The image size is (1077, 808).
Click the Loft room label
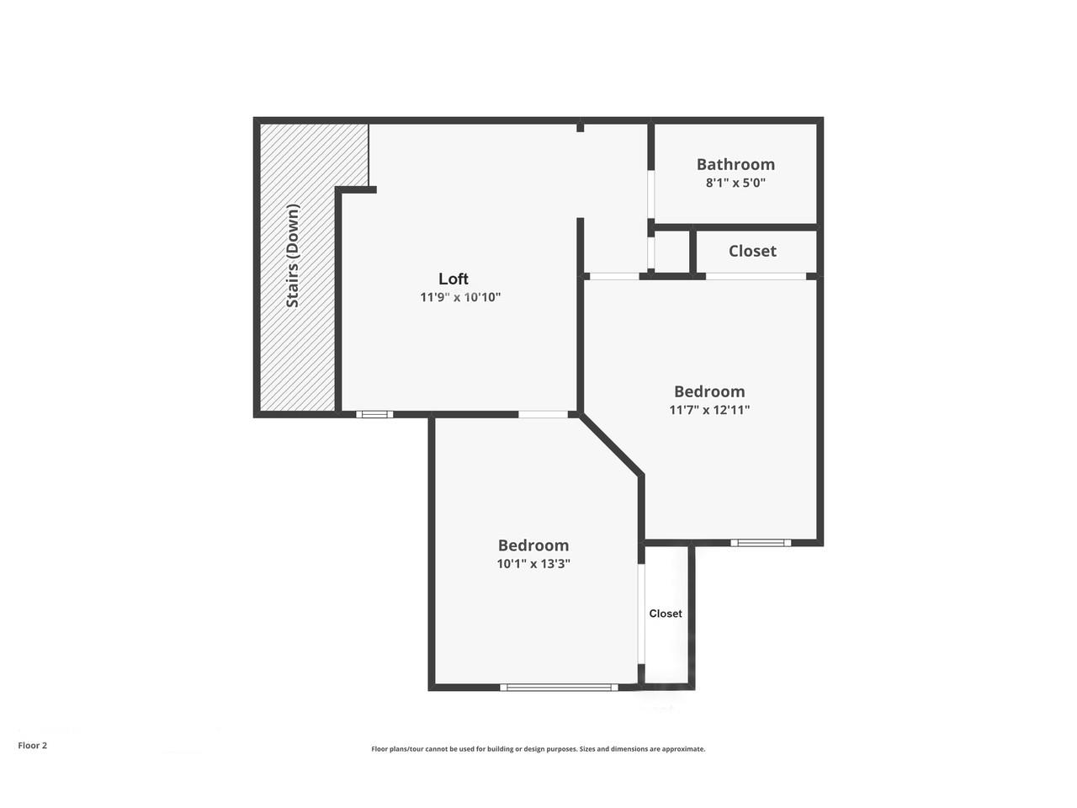(454, 279)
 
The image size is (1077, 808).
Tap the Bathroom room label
(735, 164)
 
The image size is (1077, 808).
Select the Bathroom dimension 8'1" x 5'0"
(735, 183)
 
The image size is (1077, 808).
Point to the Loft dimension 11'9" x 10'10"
(460, 297)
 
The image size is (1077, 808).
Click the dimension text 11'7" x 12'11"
(709, 410)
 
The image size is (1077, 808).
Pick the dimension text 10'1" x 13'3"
(533, 564)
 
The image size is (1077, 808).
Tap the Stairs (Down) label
(293, 255)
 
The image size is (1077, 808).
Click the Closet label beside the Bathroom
(752, 251)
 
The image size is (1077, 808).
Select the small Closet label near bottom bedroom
(666, 614)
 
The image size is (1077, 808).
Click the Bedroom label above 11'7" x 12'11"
(709, 391)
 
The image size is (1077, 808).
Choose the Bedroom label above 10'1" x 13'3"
(533, 545)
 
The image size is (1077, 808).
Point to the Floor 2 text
(33, 745)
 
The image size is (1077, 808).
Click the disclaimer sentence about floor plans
(538, 749)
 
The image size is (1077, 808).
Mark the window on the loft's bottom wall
(374, 414)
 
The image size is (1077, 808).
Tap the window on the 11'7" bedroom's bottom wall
(761, 543)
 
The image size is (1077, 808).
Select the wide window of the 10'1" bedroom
(559, 688)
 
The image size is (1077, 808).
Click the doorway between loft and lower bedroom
(543, 414)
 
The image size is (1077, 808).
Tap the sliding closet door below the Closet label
(756, 276)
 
